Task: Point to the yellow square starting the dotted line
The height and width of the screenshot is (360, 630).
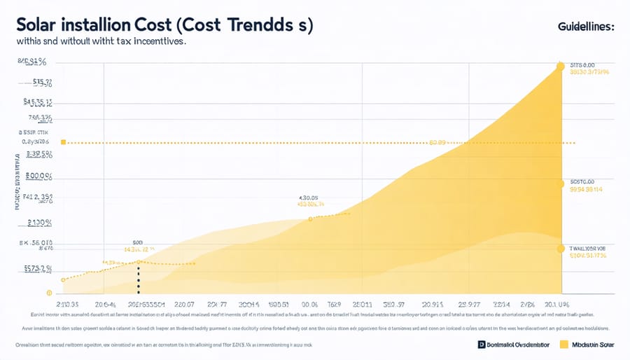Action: point(63,142)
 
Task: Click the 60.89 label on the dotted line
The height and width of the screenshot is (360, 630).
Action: point(437,142)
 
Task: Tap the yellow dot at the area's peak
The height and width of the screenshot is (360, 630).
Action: point(560,67)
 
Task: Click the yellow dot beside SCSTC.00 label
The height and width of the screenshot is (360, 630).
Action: point(560,184)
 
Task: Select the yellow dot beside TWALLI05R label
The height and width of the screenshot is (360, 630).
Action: point(560,248)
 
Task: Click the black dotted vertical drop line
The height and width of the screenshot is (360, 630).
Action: point(139,278)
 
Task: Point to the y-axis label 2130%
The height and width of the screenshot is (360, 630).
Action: point(40,223)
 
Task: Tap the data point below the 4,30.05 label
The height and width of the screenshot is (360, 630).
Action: point(310,219)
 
